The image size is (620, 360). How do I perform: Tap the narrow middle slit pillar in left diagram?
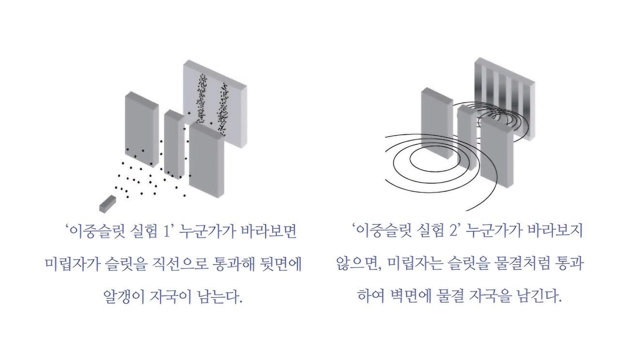tap(173, 143)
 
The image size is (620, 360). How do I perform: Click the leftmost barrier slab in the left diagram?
tap(141, 128)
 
